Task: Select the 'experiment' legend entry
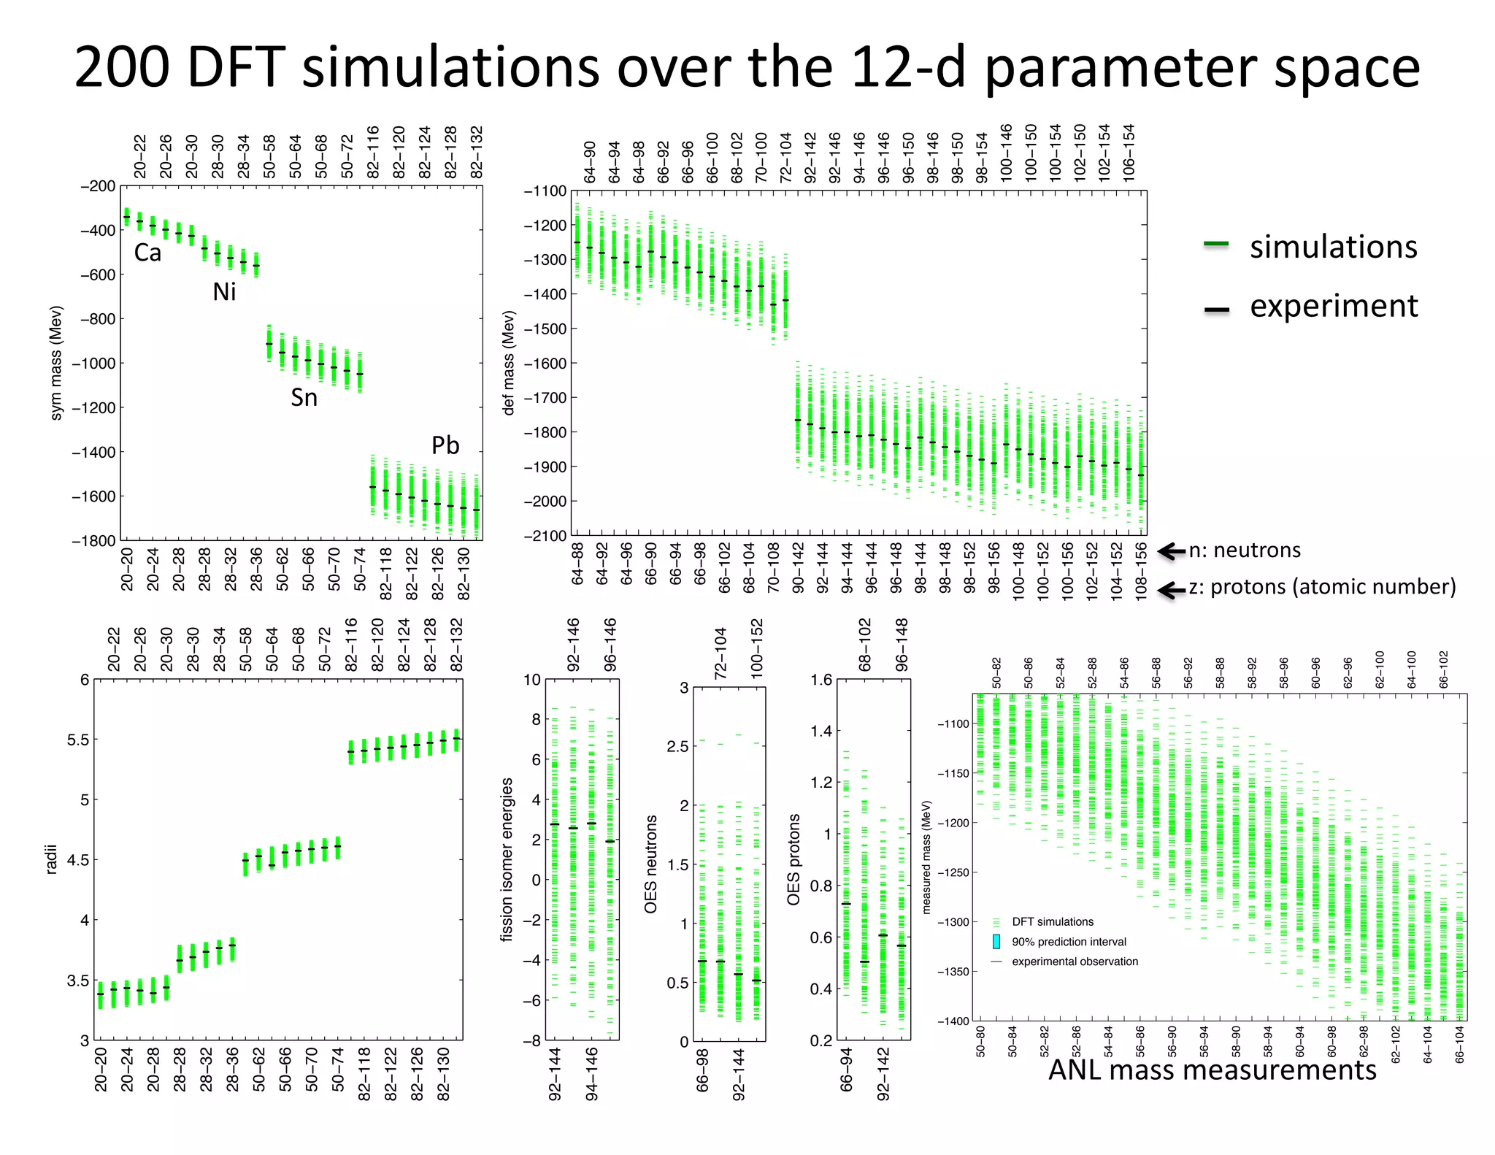click(1333, 306)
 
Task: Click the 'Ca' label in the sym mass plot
click(147, 253)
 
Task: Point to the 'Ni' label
click(224, 292)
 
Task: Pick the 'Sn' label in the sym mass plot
click(304, 398)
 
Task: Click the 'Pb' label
click(445, 445)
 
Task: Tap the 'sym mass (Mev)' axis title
click(56, 362)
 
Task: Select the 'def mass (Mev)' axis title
click(509, 363)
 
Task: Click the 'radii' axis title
click(51, 860)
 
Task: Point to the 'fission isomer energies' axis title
click(507, 859)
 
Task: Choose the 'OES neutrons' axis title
click(650, 864)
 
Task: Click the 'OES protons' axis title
click(793, 859)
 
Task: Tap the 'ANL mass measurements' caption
click(1212, 1070)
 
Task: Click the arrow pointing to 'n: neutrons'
click(1172, 551)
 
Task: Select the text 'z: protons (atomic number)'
click(1322, 587)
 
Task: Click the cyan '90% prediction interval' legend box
click(996, 942)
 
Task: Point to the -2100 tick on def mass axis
click(545, 536)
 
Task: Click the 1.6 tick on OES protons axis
click(820, 680)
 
